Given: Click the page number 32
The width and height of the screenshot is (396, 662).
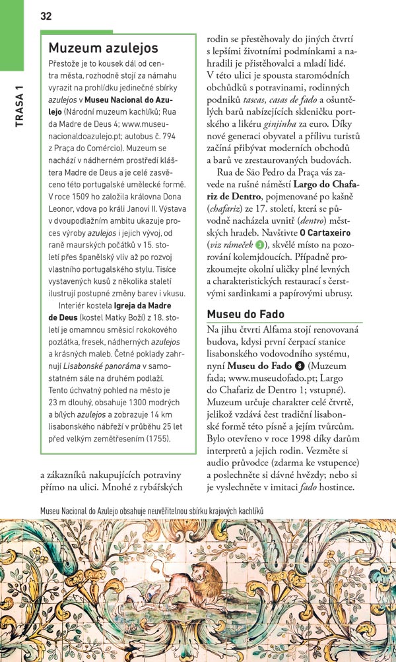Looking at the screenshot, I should [46, 17].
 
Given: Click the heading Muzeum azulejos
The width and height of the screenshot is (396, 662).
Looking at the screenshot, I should [104, 48].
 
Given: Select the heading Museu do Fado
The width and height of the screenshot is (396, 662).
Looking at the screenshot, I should [246, 314].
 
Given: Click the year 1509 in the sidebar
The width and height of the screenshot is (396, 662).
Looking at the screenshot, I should [88, 197].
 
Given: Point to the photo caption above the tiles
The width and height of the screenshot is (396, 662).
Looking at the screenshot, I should [151, 510].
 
